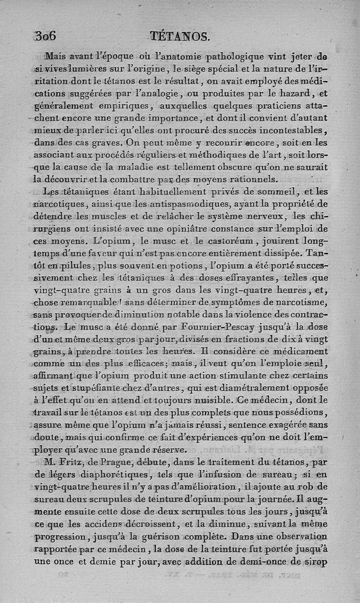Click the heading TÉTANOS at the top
pyautogui.click(x=180, y=36)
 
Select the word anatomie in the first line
pyautogui.click(x=175, y=57)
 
